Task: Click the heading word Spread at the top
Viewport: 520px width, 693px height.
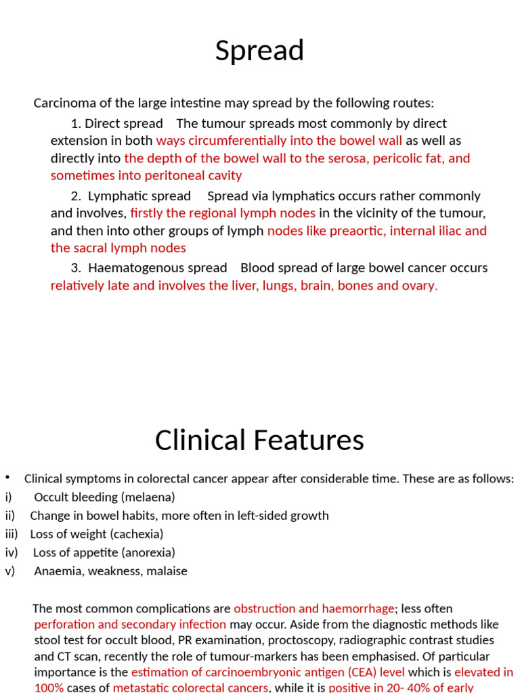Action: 259,51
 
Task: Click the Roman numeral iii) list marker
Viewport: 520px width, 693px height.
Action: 11,534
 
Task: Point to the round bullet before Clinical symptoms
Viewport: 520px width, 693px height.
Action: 7,476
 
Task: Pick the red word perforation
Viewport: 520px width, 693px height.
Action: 64,624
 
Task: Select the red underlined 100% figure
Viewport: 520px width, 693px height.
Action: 49,688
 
